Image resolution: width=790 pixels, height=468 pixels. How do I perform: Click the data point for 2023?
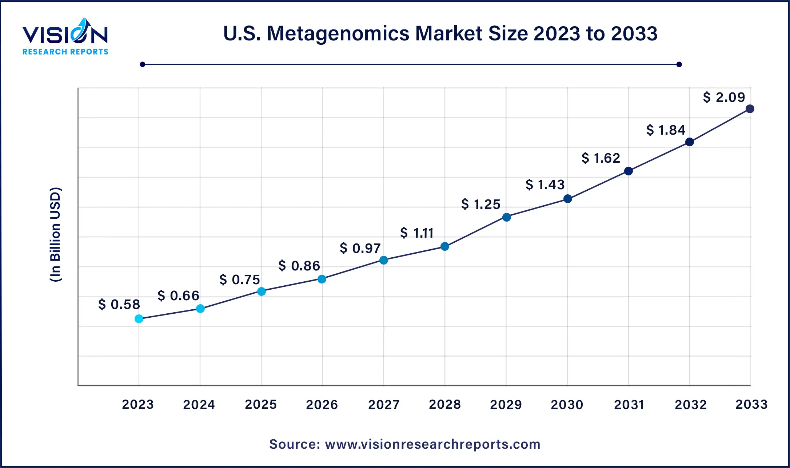pyautogui.click(x=139, y=319)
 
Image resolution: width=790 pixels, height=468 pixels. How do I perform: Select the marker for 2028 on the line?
pyautogui.click(x=445, y=246)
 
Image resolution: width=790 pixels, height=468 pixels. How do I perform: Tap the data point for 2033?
pyautogui.click(x=750, y=109)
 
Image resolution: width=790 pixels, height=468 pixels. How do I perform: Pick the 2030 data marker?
pyautogui.click(x=568, y=199)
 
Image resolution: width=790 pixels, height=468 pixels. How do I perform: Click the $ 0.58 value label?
pyautogui.click(x=119, y=304)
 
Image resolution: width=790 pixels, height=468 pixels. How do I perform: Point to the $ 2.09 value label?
pyautogui.click(x=724, y=97)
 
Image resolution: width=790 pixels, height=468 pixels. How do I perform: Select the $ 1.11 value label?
pyautogui.click(x=417, y=233)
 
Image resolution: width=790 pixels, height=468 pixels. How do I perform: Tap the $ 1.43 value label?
pyautogui.click(x=545, y=185)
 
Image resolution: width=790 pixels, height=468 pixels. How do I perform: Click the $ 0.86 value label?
pyautogui.click(x=299, y=266)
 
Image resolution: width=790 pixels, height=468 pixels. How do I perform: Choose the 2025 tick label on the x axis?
pyautogui.click(x=261, y=404)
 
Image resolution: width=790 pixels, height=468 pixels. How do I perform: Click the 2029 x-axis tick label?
pyautogui.click(x=506, y=404)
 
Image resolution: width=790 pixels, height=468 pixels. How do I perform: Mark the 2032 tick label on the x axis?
pyautogui.click(x=691, y=404)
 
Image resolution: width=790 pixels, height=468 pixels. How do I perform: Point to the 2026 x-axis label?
pyautogui.click(x=322, y=404)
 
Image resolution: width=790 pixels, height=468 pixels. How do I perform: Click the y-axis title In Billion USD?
pyautogui.click(x=55, y=235)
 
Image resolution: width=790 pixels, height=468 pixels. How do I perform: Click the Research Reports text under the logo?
pyautogui.click(x=65, y=52)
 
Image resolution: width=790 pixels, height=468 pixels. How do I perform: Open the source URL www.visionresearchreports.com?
pyautogui.click(x=432, y=444)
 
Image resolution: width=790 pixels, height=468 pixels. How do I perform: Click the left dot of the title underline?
pyautogui.click(x=143, y=64)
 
